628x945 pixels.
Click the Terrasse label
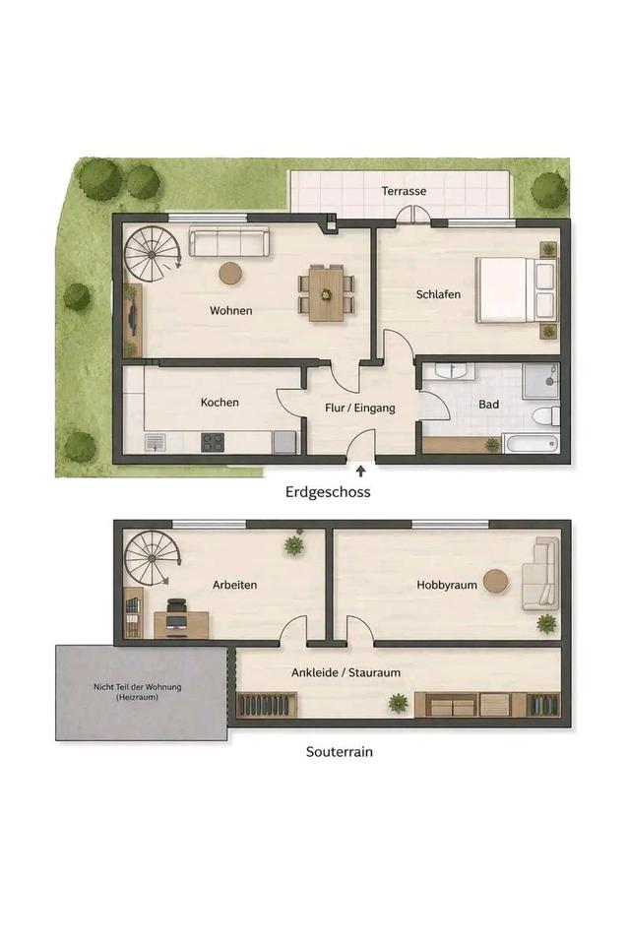click(x=404, y=191)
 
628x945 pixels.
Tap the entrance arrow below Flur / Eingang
click(x=361, y=471)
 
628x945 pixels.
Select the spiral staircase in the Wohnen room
click(x=153, y=255)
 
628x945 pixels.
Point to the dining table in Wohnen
click(x=326, y=293)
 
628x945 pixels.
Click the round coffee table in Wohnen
click(x=230, y=273)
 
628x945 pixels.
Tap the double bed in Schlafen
click(x=516, y=289)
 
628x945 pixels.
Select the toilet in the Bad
click(x=547, y=415)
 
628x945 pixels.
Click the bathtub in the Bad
click(x=531, y=444)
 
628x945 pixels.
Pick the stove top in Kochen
click(x=213, y=442)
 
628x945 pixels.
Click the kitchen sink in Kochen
click(x=157, y=443)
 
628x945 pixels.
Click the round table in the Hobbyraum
click(x=496, y=582)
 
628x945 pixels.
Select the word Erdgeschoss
click(x=328, y=492)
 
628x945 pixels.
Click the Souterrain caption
click(x=340, y=751)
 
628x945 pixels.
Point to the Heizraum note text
click(x=138, y=692)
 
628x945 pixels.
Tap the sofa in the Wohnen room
click(x=229, y=242)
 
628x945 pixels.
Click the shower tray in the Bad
click(x=541, y=380)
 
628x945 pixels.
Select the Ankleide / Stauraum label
click(x=345, y=672)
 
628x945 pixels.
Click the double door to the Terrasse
click(x=414, y=215)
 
